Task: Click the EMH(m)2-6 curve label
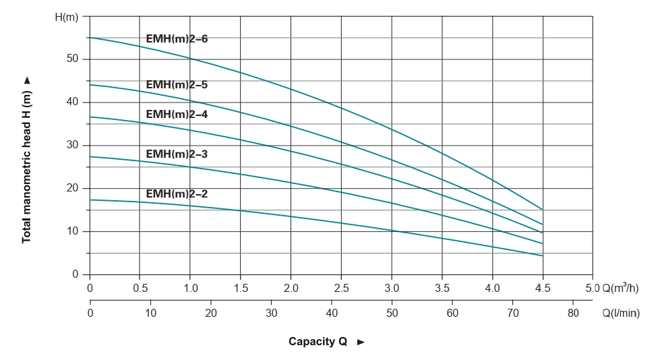point(177,39)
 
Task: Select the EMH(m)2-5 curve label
point(177,85)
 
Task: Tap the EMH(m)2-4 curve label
point(177,114)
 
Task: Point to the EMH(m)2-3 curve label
point(177,154)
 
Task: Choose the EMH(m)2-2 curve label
point(177,193)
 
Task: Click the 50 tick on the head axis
point(71,59)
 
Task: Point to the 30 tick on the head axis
point(71,146)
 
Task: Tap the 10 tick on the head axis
point(71,232)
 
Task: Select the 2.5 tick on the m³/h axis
point(342,289)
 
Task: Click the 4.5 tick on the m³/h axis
point(543,289)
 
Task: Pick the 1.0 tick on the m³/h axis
point(191,289)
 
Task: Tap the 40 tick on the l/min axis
point(332,313)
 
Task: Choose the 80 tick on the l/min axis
point(572,313)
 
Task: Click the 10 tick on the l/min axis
point(150,313)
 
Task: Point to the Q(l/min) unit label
point(621,313)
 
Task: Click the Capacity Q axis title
point(318,342)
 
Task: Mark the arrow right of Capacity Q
point(361,342)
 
